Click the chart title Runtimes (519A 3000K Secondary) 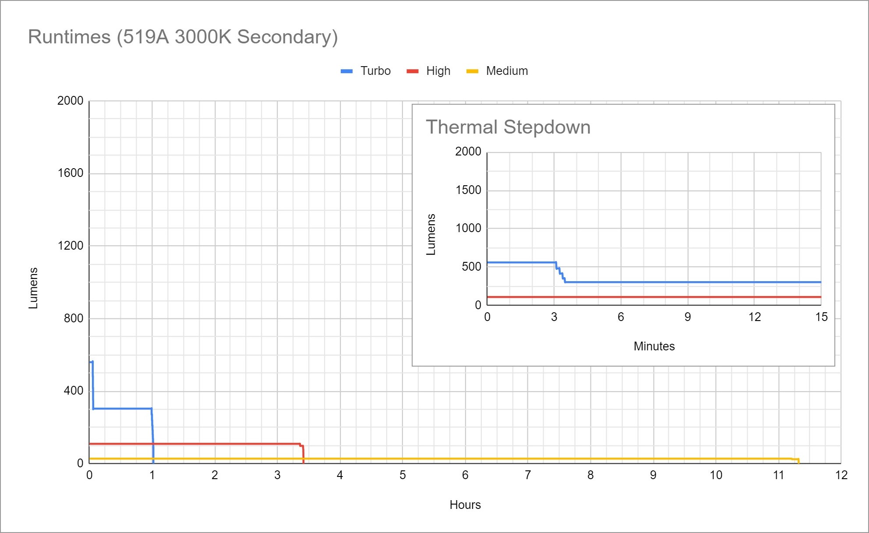(x=183, y=37)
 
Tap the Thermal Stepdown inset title (x=508, y=127)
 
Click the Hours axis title (x=465, y=505)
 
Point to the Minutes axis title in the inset (x=654, y=346)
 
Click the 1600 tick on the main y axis (x=70, y=173)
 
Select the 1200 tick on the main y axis (x=70, y=246)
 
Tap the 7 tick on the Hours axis (x=528, y=475)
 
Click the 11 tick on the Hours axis (x=778, y=475)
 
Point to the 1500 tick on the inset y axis (x=468, y=190)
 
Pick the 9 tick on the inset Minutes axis (x=688, y=317)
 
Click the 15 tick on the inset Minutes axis (x=821, y=317)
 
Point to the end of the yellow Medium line (x=798, y=460)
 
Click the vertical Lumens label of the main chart (x=33, y=288)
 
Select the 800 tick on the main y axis (x=73, y=318)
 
